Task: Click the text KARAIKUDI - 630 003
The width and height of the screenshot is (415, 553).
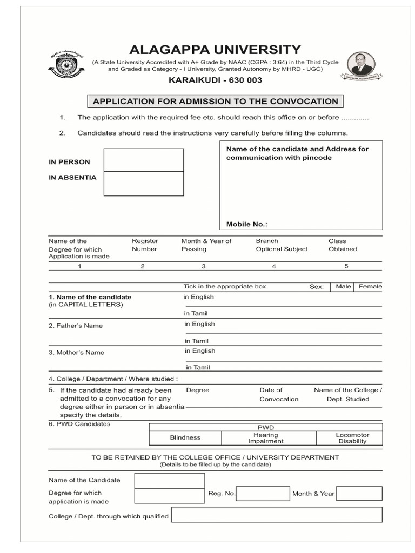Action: coord(215,80)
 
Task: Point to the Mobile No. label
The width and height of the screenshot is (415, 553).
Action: coord(246,224)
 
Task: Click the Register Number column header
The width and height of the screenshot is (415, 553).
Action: coord(145,245)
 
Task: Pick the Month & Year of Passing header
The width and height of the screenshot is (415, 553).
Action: coord(206,245)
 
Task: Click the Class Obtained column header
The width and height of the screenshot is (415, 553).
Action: coord(343,245)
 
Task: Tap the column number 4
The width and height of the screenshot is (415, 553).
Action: coord(274,266)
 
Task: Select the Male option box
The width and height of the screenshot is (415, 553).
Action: coord(343,287)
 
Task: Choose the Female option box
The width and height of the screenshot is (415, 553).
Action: coord(370,287)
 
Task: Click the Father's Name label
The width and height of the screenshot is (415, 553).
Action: coord(76,326)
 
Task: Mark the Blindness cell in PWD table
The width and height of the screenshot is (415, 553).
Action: coord(185,437)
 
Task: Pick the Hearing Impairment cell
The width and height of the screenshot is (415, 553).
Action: coord(265,438)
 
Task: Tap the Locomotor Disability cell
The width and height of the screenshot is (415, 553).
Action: coord(352,438)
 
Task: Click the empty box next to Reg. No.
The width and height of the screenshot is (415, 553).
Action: coord(263,493)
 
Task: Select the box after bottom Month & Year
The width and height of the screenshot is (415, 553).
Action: coord(361,493)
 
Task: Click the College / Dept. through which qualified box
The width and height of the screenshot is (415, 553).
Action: coord(277,516)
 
